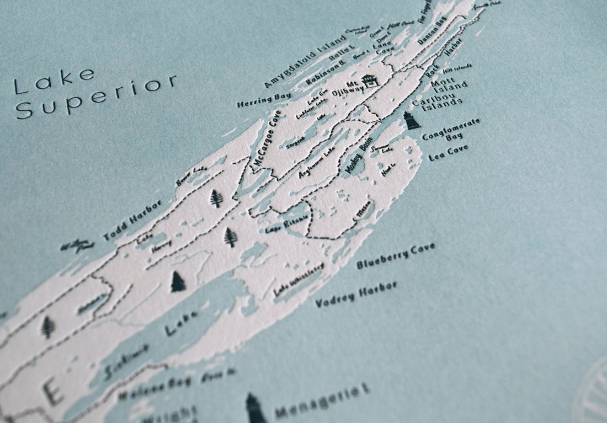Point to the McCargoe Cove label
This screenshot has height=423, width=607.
[267, 137]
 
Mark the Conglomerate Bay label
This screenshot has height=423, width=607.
[450, 128]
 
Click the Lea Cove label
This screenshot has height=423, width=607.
[448, 153]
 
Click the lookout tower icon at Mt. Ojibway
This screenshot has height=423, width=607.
[370, 81]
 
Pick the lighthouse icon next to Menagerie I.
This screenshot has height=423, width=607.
[255, 408]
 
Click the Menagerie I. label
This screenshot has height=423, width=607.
[322, 401]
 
